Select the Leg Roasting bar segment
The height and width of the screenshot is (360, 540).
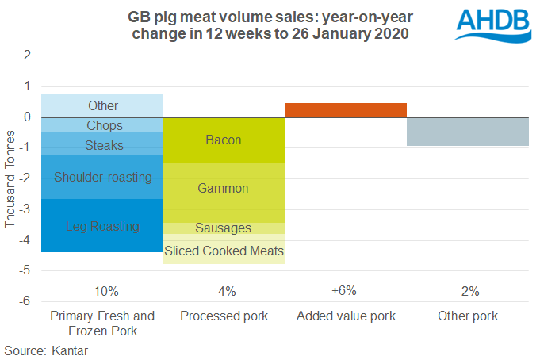102,226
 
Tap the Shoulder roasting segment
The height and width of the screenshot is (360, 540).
102,177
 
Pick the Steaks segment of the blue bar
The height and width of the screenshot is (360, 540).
102,144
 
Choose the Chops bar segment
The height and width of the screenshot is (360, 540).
102,125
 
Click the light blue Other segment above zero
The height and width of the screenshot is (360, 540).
102,105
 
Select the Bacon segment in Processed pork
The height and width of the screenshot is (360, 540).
224,140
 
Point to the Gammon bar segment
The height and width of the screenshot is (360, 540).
224,189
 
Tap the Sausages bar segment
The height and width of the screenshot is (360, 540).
224,228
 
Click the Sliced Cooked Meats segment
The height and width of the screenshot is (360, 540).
224,251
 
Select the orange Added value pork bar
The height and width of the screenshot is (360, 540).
346,110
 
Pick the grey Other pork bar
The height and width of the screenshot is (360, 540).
468,132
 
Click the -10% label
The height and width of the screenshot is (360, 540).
102,291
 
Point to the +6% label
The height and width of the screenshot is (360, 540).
346,291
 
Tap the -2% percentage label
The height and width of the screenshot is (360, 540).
468,291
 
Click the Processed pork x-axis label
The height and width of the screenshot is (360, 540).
224,316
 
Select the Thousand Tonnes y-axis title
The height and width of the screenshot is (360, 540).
10,178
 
